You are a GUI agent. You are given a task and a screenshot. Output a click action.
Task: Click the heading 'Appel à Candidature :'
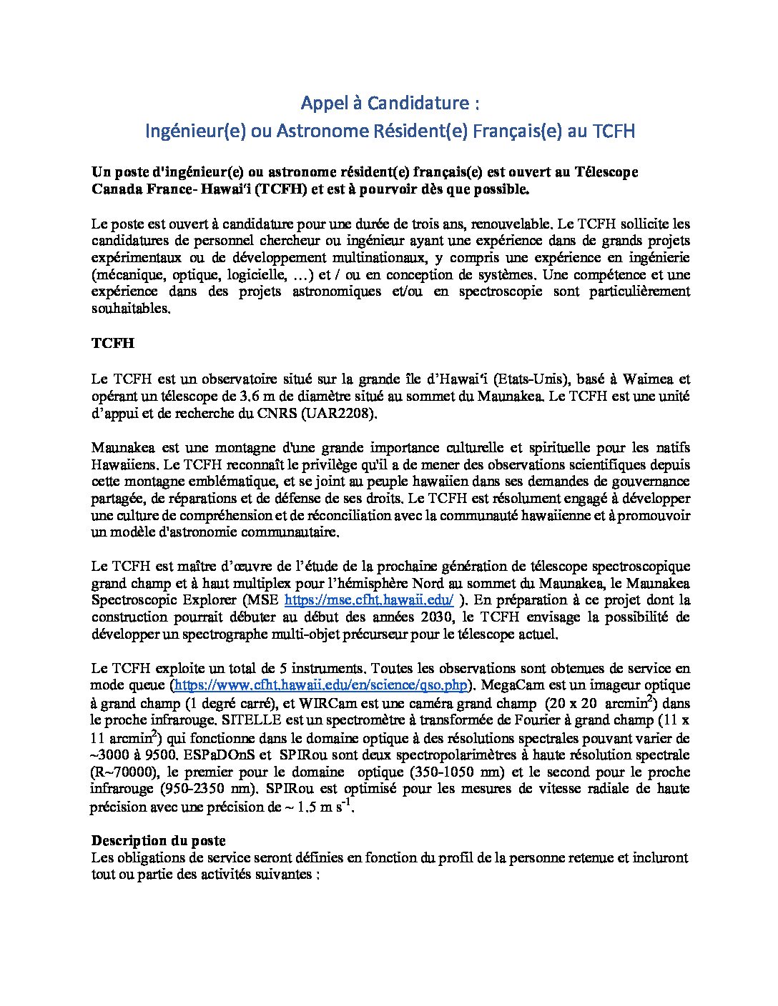tap(389, 104)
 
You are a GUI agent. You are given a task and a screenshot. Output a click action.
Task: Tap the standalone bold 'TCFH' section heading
tap(112, 343)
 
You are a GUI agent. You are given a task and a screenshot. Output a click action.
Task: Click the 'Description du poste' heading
tap(159, 840)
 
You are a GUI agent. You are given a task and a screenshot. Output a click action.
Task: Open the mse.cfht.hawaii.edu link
tap(369, 600)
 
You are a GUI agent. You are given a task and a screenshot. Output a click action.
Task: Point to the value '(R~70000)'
tap(120, 772)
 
